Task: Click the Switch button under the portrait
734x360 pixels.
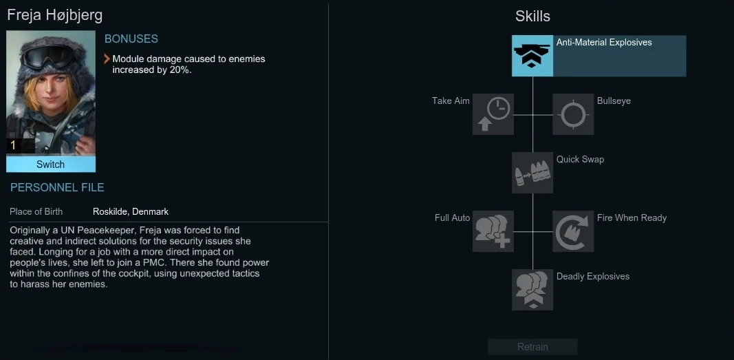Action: click(x=50, y=165)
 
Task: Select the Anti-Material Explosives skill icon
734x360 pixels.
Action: click(x=532, y=56)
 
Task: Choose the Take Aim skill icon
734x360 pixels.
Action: click(x=493, y=114)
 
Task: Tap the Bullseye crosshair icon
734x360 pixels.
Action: click(x=573, y=114)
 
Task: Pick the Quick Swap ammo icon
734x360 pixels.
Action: click(x=532, y=173)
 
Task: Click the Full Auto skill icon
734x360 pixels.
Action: click(x=493, y=231)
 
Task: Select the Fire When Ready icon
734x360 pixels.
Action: click(x=573, y=231)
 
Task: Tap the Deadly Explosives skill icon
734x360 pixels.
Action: click(x=532, y=290)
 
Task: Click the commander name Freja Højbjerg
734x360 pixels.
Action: click(x=55, y=15)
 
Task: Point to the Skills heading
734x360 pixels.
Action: click(x=532, y=16)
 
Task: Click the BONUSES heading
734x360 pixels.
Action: click(x=131, y=39)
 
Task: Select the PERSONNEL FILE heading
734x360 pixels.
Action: click(x=57, y=187)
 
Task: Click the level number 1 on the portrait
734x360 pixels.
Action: click(x=12, y=145)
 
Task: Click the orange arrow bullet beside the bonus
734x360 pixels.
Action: click(x=107, y=59)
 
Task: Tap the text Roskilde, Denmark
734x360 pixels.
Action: click(x=131, y=212)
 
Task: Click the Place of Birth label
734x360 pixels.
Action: click(x=36, y=212)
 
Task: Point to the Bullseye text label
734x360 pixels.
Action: click(x=614, y=101)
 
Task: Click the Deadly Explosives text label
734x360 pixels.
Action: click(x=592, y=277)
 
